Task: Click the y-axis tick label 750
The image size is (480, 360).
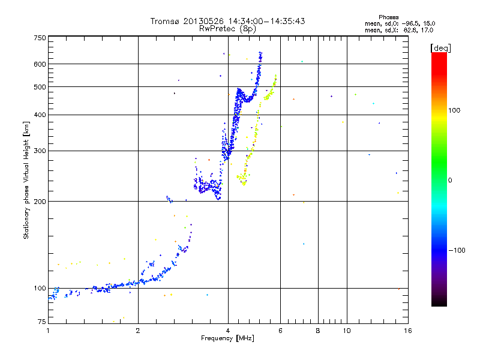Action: [x=40, y=38]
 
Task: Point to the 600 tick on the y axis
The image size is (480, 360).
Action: [x=40, y=64]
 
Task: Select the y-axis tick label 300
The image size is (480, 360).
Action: [x=40, y=151]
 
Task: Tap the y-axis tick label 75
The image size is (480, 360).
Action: [x=41, y=322]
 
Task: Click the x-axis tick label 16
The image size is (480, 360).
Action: [x=408, y=331]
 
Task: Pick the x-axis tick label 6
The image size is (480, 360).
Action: [x=280, y=331]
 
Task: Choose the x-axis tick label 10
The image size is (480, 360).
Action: [x=347, y=331]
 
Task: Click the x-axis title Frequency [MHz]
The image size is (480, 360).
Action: [x=227, y=338]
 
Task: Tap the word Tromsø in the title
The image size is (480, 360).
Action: [x=164, y=21]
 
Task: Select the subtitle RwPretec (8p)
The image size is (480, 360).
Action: [x=227, y=29]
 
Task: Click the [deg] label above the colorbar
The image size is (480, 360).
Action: [x=440, y=48]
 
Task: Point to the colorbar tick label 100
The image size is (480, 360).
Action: [x=454, y=110]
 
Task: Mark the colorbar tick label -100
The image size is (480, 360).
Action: [x=457, y=250]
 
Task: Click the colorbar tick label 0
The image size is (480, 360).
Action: [x=450, y=181]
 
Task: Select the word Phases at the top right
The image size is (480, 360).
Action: [x=388, y=17]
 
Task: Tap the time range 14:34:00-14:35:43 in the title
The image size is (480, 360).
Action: [x=266, y=21]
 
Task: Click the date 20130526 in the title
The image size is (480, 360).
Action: [x=203, y=21]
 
